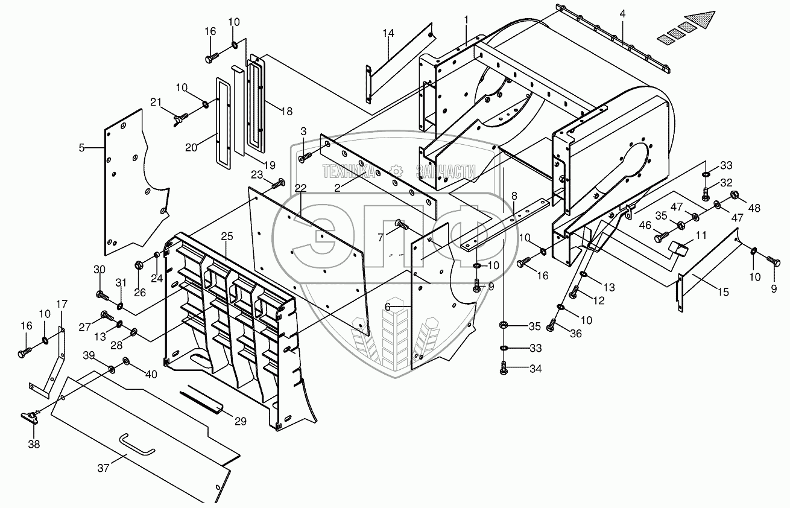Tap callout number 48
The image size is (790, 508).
(754, 208)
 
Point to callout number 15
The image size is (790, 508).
(723, 292)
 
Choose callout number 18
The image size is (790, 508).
(286, 110)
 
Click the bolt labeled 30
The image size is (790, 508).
(103, 296)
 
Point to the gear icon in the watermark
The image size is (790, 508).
(396, 171)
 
